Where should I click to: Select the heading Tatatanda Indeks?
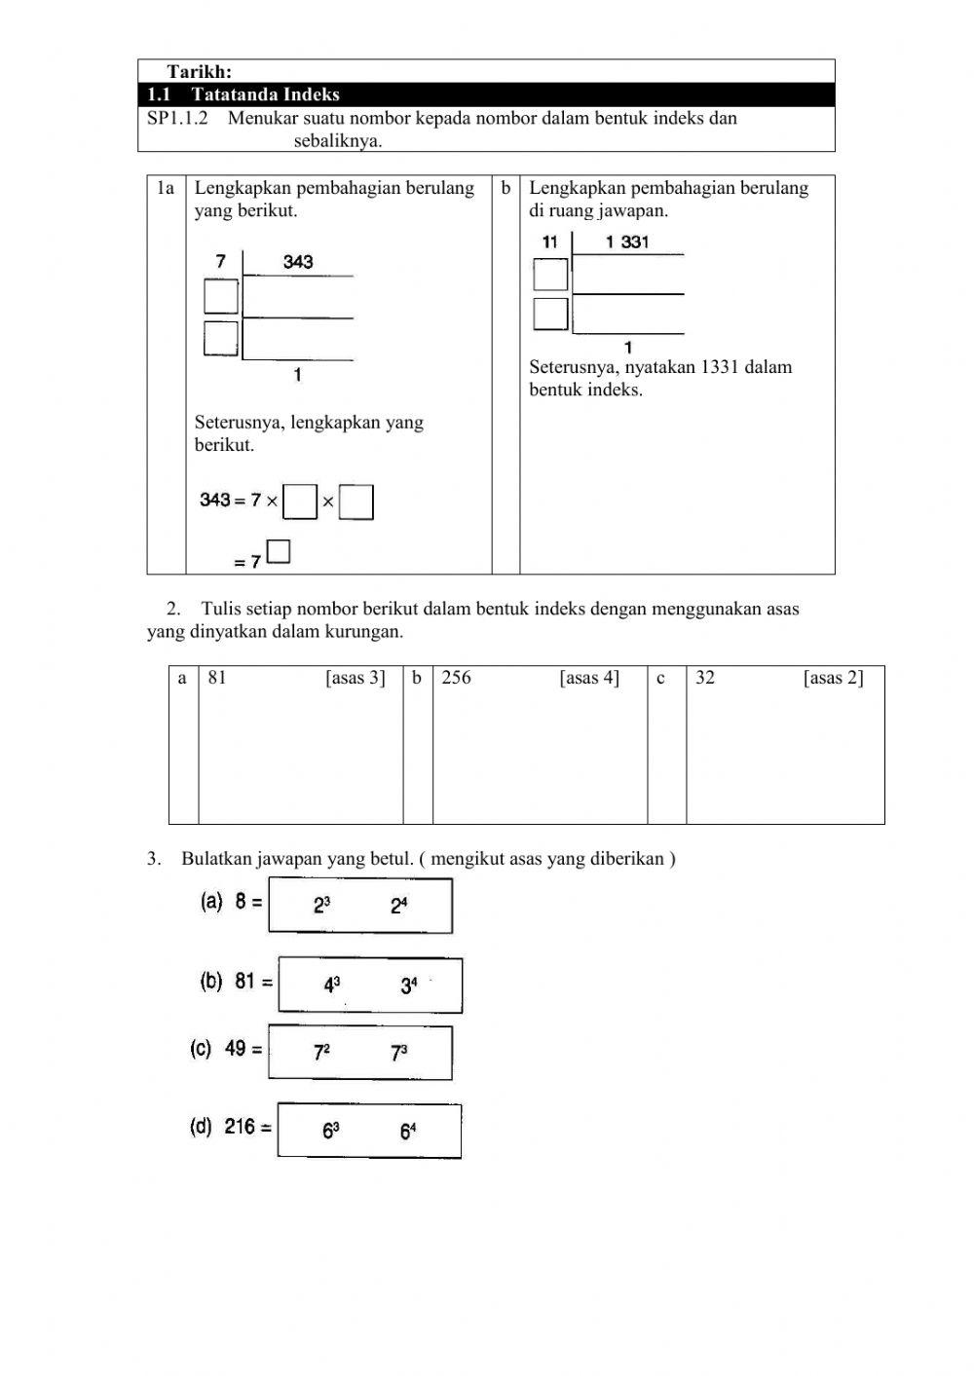265,94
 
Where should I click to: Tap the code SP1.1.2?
177,118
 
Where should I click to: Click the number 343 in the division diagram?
298,261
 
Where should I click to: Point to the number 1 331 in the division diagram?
627,242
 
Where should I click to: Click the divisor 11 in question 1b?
550,242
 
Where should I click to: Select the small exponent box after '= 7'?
279,552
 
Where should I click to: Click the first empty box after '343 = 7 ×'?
300,502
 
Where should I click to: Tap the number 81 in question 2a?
217,678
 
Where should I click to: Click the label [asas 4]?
589,678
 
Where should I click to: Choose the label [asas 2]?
833,678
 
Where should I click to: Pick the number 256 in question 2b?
456,678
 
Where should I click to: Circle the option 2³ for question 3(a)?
321,906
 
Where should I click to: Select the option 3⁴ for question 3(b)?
409,986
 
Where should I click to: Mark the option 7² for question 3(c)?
321,1053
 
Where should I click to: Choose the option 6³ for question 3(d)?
331,1131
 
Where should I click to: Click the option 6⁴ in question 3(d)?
408,1131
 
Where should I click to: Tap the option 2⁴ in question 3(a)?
399,906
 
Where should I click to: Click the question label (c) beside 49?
201,1049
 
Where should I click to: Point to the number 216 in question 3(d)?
240,1127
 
